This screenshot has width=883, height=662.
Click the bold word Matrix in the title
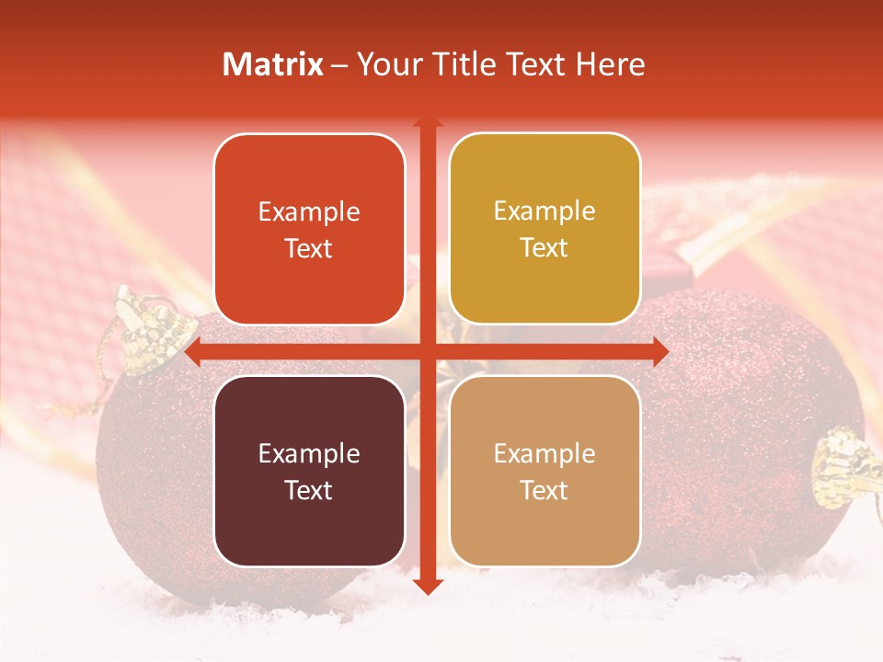[273, 64]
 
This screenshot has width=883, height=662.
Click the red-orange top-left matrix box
[309, 229]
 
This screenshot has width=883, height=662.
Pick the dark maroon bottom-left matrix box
[309, 471]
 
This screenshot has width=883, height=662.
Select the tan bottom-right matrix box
[545, 471]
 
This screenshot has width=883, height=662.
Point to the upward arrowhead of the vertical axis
[427, 122]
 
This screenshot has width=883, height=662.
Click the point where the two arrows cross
[427, 352]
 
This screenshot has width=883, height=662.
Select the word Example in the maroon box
[309, 453]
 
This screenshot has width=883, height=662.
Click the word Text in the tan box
[545, 490]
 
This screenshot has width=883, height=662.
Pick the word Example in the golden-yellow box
[545, 211]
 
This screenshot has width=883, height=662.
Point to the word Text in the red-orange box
[309, 248]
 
